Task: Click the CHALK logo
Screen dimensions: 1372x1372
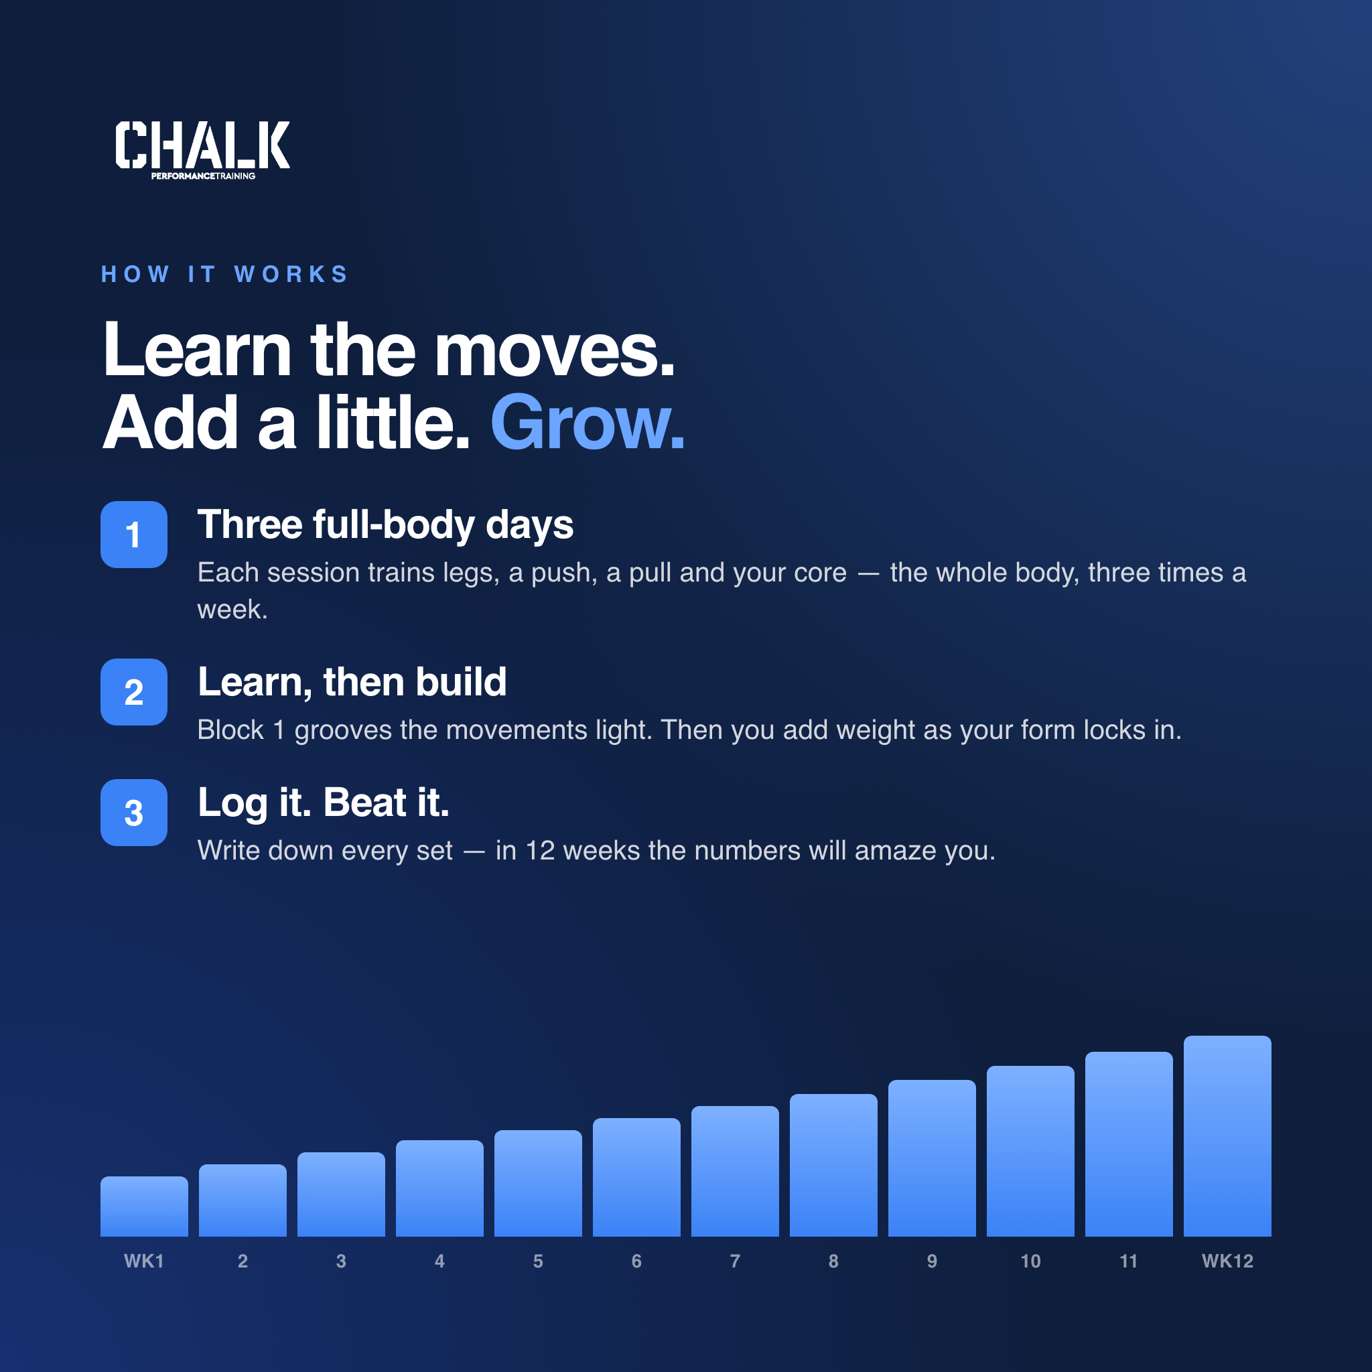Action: [202, 150]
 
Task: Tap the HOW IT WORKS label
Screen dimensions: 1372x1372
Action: [225, 274]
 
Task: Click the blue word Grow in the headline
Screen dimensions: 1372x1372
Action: [588, 423]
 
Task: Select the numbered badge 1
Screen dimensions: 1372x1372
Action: [133, 534]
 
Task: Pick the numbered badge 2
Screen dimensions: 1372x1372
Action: [133, 691]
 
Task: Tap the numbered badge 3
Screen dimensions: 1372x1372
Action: [133, 813]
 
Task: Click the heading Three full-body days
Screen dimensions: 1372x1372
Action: [386, 525]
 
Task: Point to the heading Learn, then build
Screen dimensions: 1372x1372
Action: [352, 683]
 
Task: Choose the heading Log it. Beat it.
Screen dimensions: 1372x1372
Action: [324, 804]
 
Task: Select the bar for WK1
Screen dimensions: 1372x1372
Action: [144, 1207]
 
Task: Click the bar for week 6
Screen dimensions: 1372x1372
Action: [636, 1178]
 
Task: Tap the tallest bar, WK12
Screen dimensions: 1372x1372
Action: [1227, 1136]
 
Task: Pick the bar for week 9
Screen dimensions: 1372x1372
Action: [932, 1158]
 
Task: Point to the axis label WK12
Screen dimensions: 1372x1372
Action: [1227, 1261]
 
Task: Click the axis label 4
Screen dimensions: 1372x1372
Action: [439, 1261]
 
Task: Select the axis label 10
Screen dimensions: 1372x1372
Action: [1030, 1261]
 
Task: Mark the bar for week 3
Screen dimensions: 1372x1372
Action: [341, 1194]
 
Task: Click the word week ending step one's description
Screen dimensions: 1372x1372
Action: [232, 610]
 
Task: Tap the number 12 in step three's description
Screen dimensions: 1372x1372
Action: [540, 851]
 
